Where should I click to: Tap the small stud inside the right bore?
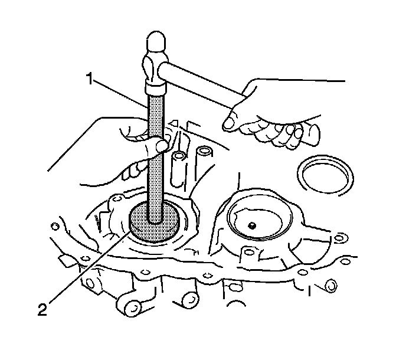(251, 225)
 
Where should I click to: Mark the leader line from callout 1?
(118, 91)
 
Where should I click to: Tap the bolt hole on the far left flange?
(55, 225)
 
